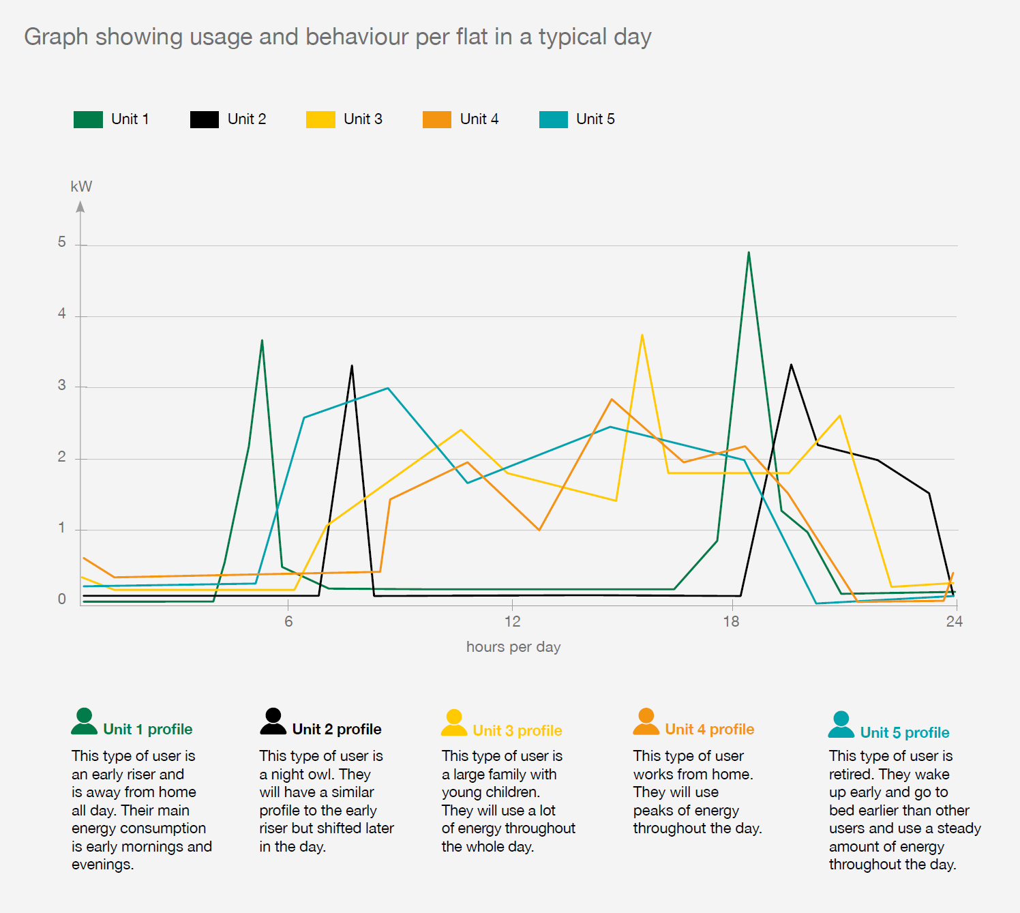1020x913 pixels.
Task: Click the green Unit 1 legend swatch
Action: (88, 119)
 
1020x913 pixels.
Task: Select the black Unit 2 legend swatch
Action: (204, 119)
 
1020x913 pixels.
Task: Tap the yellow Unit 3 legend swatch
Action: (320, 119)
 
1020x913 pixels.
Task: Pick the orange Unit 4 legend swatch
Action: (436, 119)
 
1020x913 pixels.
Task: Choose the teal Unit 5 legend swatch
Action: (553, 119)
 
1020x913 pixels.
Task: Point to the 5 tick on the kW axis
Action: (62, 243)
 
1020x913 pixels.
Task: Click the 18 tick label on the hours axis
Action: (731, 621)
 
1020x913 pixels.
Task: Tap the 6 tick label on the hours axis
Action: (288, 621)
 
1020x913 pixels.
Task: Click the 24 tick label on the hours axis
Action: (954, 621)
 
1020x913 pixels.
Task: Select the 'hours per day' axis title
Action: (513, 646)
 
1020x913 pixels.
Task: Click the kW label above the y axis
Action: (81, 187)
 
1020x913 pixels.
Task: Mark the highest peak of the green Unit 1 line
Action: (749, 253)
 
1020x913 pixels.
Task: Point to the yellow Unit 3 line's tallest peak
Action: (642, 335)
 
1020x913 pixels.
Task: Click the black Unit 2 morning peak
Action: (352, 366)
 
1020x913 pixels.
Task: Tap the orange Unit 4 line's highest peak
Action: (612, 400)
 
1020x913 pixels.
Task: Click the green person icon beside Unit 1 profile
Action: (84, 721)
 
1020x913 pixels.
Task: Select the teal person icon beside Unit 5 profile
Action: (841, 724)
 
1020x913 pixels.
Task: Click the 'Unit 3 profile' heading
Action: (517, 731)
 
